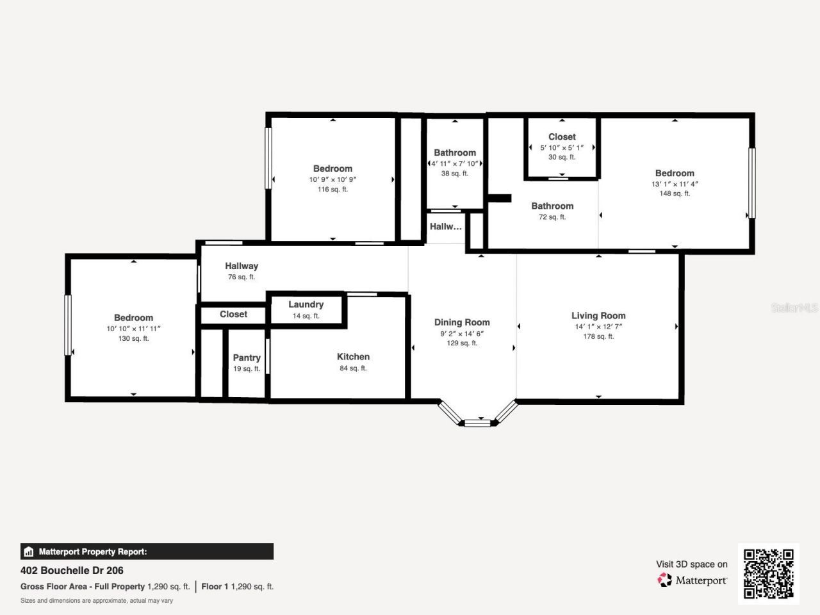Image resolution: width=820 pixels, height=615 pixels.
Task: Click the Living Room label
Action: [598, 315]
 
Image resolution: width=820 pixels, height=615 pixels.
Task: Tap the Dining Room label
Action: [462, 322]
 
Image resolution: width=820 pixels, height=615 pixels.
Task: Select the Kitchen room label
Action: [353, 357]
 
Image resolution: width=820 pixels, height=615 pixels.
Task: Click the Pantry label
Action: [247, 357]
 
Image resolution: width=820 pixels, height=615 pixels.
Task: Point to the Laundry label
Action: [306, 304]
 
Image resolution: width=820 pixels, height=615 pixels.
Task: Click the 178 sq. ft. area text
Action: [598, 336]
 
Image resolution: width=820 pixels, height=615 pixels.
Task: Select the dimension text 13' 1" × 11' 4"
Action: [675, 184]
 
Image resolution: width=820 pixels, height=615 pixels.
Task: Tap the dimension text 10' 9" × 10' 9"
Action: [332, 179]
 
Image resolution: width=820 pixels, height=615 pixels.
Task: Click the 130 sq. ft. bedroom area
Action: [133, 338]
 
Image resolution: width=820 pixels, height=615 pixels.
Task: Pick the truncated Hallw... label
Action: [445, 226]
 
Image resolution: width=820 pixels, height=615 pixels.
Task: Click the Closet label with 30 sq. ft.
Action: [562, 136]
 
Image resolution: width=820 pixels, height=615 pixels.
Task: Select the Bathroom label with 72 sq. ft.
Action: [552, 206]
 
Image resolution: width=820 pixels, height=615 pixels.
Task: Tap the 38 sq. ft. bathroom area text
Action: [455, 174]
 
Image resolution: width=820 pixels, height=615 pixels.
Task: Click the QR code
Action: [768, 573]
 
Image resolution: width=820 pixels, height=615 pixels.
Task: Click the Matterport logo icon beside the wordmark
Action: [664, 580]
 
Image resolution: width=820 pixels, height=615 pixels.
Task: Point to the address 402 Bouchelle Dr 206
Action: [72, 570]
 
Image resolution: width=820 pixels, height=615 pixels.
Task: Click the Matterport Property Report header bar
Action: [147, 552]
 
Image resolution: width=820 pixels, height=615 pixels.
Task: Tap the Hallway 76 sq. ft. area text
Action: [242, 277]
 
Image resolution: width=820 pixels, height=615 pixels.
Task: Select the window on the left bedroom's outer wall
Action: [68, 325]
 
